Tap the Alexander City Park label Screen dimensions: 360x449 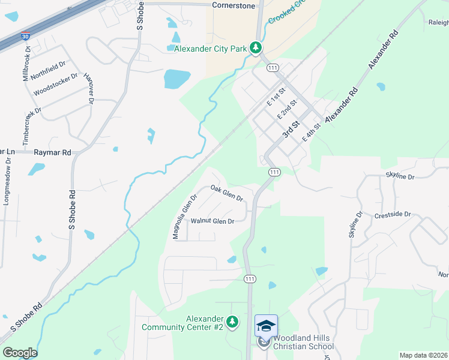coord(211,48)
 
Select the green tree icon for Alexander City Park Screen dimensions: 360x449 coord(256,47)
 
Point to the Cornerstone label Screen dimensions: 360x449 coord(234,5)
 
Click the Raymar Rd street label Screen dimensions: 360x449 coord(53,153)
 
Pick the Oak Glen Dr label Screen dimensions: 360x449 coord(226,193)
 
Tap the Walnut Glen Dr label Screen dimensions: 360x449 coord(212,221)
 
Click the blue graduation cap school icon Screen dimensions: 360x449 coord(266,325)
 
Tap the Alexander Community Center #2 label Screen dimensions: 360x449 coord(183,323)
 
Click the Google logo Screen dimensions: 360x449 coord(20,353)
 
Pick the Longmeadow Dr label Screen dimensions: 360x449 coord(7,178)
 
